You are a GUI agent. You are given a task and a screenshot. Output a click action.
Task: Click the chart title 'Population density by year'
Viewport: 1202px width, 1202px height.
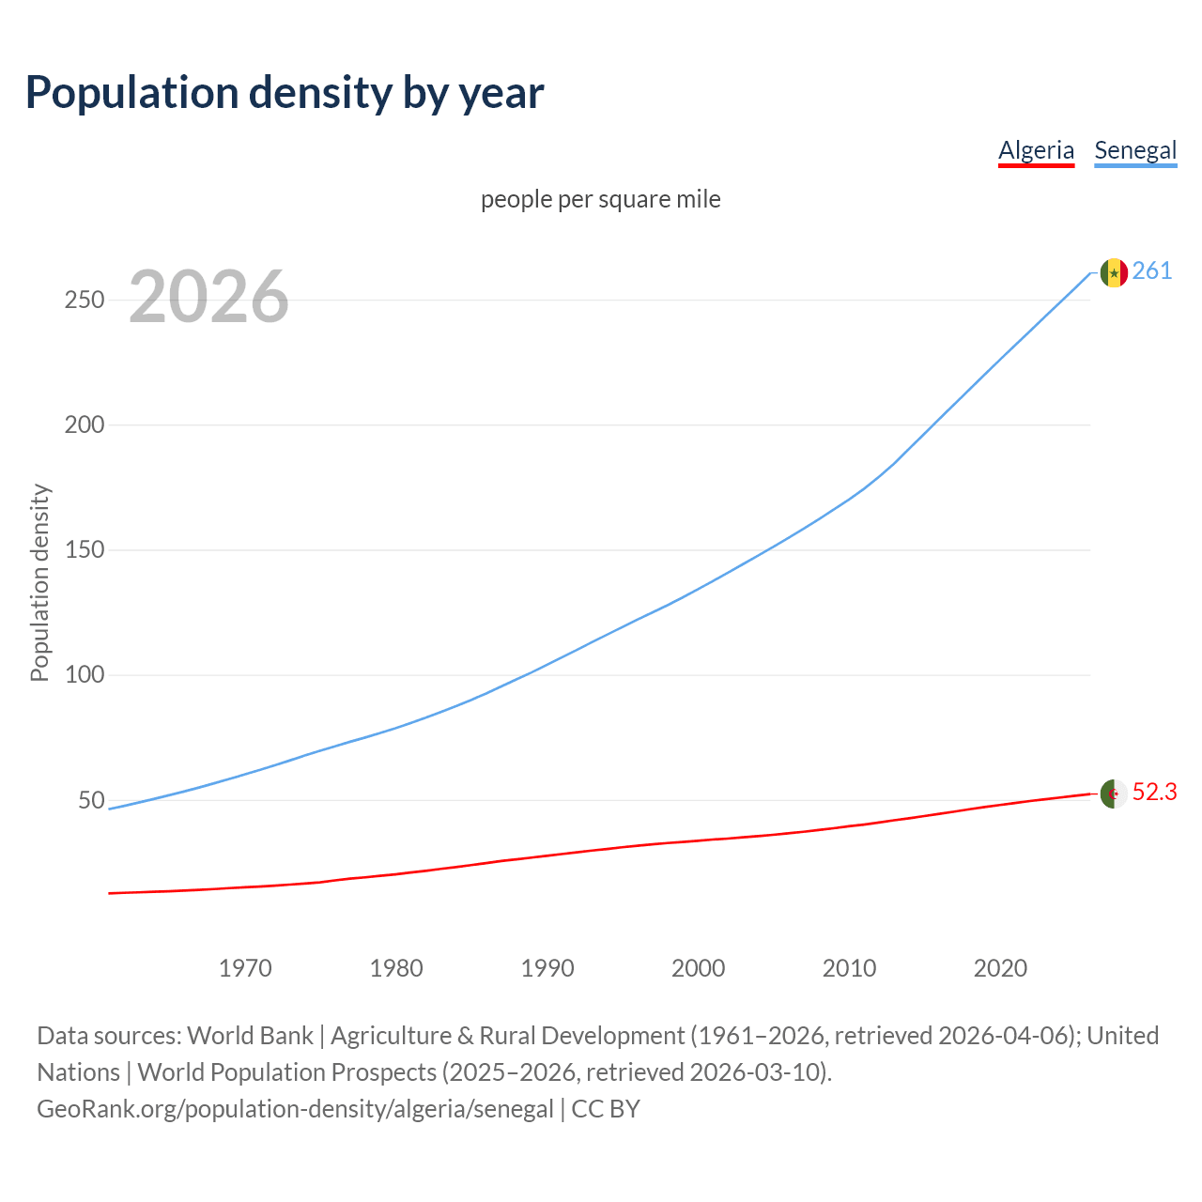click(285, 93)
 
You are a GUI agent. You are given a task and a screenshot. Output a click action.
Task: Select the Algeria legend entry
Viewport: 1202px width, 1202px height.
click(1036, 150)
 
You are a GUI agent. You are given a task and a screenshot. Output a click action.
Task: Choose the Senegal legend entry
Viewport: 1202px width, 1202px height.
click(1135, 150)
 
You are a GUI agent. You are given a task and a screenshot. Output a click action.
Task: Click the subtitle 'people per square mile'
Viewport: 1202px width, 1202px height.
click(601, 199)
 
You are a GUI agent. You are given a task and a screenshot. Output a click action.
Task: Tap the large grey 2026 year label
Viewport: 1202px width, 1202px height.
click(208, 297)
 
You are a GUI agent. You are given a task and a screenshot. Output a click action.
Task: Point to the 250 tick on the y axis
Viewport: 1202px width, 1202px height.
click(84, 300)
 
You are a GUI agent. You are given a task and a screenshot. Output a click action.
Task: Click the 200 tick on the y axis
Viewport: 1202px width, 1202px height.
click(84, 424)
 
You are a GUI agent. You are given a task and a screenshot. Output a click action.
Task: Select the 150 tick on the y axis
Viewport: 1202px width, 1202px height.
click(84, 550)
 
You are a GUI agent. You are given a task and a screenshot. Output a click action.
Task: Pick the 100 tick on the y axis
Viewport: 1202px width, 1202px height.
click(84, 675)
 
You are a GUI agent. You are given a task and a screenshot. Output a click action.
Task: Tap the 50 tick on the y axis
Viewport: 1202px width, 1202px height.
click(91, 800)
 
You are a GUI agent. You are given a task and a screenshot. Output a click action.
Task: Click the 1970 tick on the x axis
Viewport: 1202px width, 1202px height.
click(245, 968)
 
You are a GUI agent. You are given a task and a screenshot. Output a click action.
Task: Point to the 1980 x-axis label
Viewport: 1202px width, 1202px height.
click(396, 968)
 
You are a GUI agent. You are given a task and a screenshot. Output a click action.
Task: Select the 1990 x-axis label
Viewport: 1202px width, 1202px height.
click(547, 968)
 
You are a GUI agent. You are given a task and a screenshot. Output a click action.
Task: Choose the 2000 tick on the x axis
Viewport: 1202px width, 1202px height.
click(699, 968)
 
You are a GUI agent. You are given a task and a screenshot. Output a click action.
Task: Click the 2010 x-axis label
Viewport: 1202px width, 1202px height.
click(850, 968)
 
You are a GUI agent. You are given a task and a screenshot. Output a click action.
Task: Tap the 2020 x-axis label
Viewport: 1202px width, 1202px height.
click(1001, 968)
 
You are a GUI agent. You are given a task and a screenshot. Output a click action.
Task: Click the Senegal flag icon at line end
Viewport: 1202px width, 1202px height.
click(1114, 272)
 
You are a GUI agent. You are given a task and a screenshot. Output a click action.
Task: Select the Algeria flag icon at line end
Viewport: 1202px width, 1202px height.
click(1114, 794)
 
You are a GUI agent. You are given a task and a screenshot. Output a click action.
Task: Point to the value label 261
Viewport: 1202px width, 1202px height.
click(1152, 271)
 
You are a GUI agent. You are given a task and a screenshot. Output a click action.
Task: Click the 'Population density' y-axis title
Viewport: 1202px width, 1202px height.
click(39, 582)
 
